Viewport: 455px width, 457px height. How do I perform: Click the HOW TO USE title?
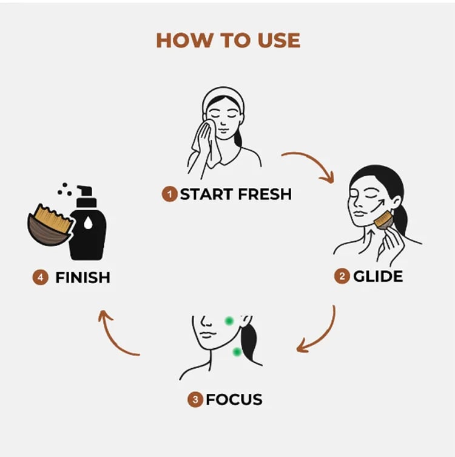[228, 40]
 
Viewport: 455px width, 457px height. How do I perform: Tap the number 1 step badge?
[170, 194]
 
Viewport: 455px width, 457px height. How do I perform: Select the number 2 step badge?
[342, 276]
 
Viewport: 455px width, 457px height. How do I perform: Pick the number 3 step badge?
[195, 400]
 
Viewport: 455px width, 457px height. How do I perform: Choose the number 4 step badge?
[41, 277]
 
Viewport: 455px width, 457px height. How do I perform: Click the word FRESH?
[265, 194]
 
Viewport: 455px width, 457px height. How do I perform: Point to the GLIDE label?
[378, 277]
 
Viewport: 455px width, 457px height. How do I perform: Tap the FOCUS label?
[234, 400]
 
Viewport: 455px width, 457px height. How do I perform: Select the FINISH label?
[83, 278]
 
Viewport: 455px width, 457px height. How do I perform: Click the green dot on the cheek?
[229, 321]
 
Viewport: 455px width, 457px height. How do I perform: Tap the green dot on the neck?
[237, 352]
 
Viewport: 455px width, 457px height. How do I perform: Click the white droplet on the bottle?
[88, 223]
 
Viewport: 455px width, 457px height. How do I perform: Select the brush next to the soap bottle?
[50, 225]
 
